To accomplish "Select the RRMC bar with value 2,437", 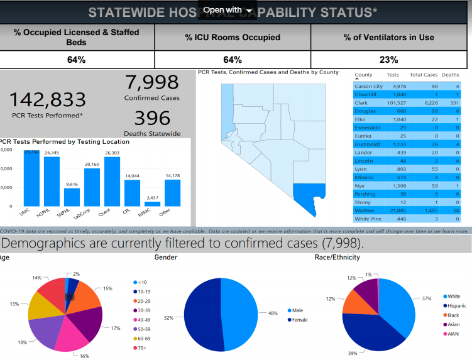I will pos(152,204).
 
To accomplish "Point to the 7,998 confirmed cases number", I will pos(151,82).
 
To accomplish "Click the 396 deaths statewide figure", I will pos(151,118).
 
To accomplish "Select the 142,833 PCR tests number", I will pos(47,100).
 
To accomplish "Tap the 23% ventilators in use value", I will pos(388,60).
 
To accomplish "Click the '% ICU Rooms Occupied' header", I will pos(233,38).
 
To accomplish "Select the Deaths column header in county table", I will pos(450,75).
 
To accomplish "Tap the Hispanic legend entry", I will pos(456,305).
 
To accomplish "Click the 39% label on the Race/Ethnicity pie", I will pos(353,353).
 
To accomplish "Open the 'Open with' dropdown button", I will pos(227,10).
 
